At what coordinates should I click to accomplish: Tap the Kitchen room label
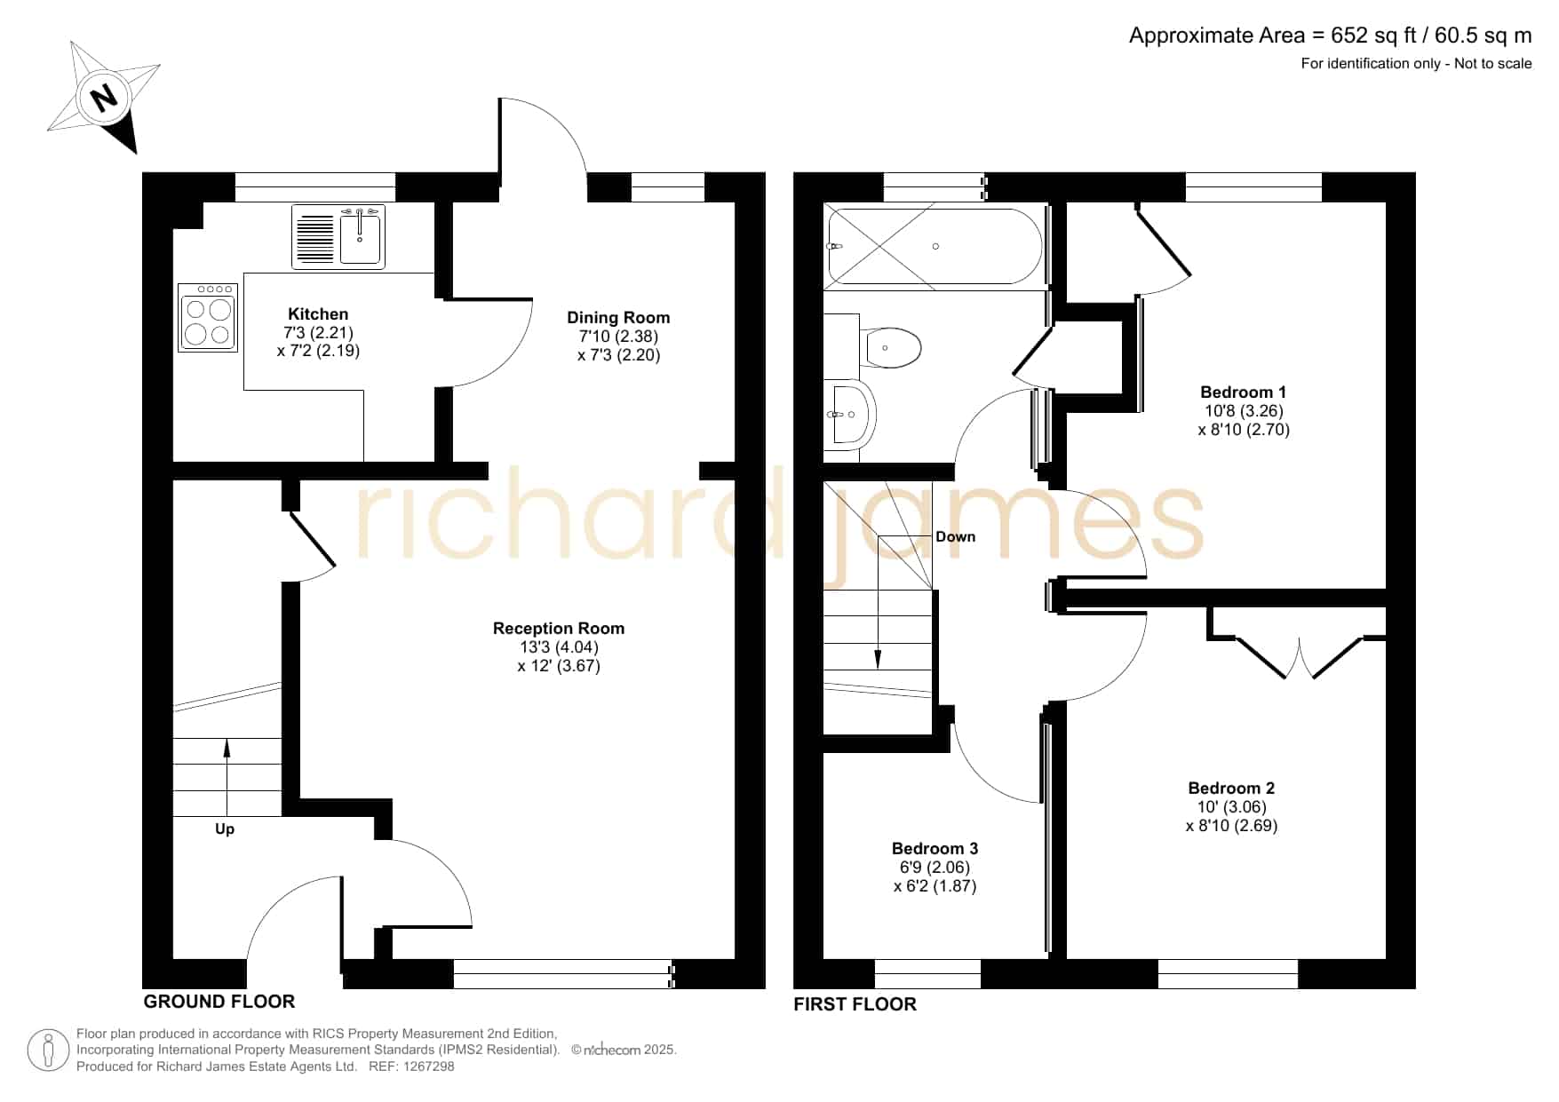point(318,313)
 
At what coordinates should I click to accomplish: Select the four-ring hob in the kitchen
point(208,317)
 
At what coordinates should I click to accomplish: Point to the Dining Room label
point(618,317)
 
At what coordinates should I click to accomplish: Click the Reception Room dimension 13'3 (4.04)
point(559,647)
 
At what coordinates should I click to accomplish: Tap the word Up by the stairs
point(225,829)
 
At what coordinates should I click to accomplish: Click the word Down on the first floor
point(955,536)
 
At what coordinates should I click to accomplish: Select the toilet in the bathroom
point(890,347)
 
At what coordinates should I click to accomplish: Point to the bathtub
point(934,246)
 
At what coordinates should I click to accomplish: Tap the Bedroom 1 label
point(1243,392)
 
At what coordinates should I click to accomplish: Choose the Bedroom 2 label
point(1231,788)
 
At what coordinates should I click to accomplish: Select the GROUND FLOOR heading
point(219,1002)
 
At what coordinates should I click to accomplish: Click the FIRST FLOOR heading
point(855,1004)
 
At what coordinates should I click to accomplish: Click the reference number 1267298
point(428,1066)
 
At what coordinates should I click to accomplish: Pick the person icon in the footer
point(48,1051)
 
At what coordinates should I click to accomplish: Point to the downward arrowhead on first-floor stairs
point(878,659)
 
